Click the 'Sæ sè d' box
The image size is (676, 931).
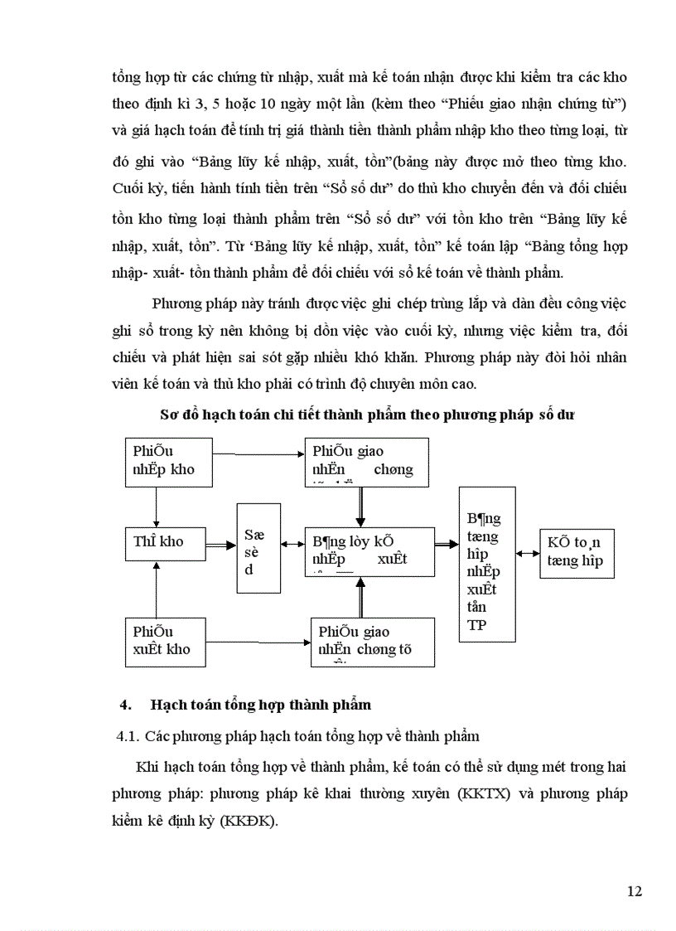pos(258,548)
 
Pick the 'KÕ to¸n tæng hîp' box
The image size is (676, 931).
pos(577,553)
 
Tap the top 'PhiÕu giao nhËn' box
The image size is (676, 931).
pos(366,462)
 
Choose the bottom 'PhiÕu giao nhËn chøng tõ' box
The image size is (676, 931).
pos(373,642)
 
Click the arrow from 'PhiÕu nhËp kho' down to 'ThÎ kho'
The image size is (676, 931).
pos(156,505)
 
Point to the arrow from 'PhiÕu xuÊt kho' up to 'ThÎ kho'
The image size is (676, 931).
pos(156,589)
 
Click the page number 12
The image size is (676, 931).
pos(634,891)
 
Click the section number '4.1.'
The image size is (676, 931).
pos(128,736)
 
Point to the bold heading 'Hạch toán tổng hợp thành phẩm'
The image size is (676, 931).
pos(260,705)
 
